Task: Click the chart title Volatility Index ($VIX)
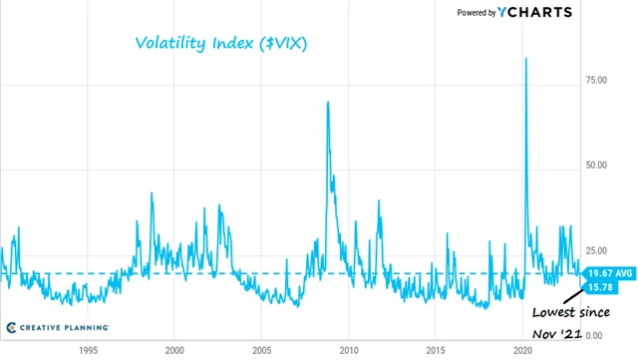point(219,43)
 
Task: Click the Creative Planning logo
point(57,327)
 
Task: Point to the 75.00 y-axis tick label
point(596,79)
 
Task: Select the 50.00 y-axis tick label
point(596,165)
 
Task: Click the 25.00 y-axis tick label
point(596,250)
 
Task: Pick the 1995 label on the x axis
point(87,351)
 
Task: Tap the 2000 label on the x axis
point(173,351)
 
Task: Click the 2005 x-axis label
point(261,351)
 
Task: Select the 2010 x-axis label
point(349,351)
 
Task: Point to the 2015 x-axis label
point(436,351)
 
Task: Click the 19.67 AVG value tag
point(607,273)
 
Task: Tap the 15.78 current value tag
point(599,287)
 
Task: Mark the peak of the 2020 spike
point(525,59)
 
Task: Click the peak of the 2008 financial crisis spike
point(327,102)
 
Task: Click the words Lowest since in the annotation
point(570,311)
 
